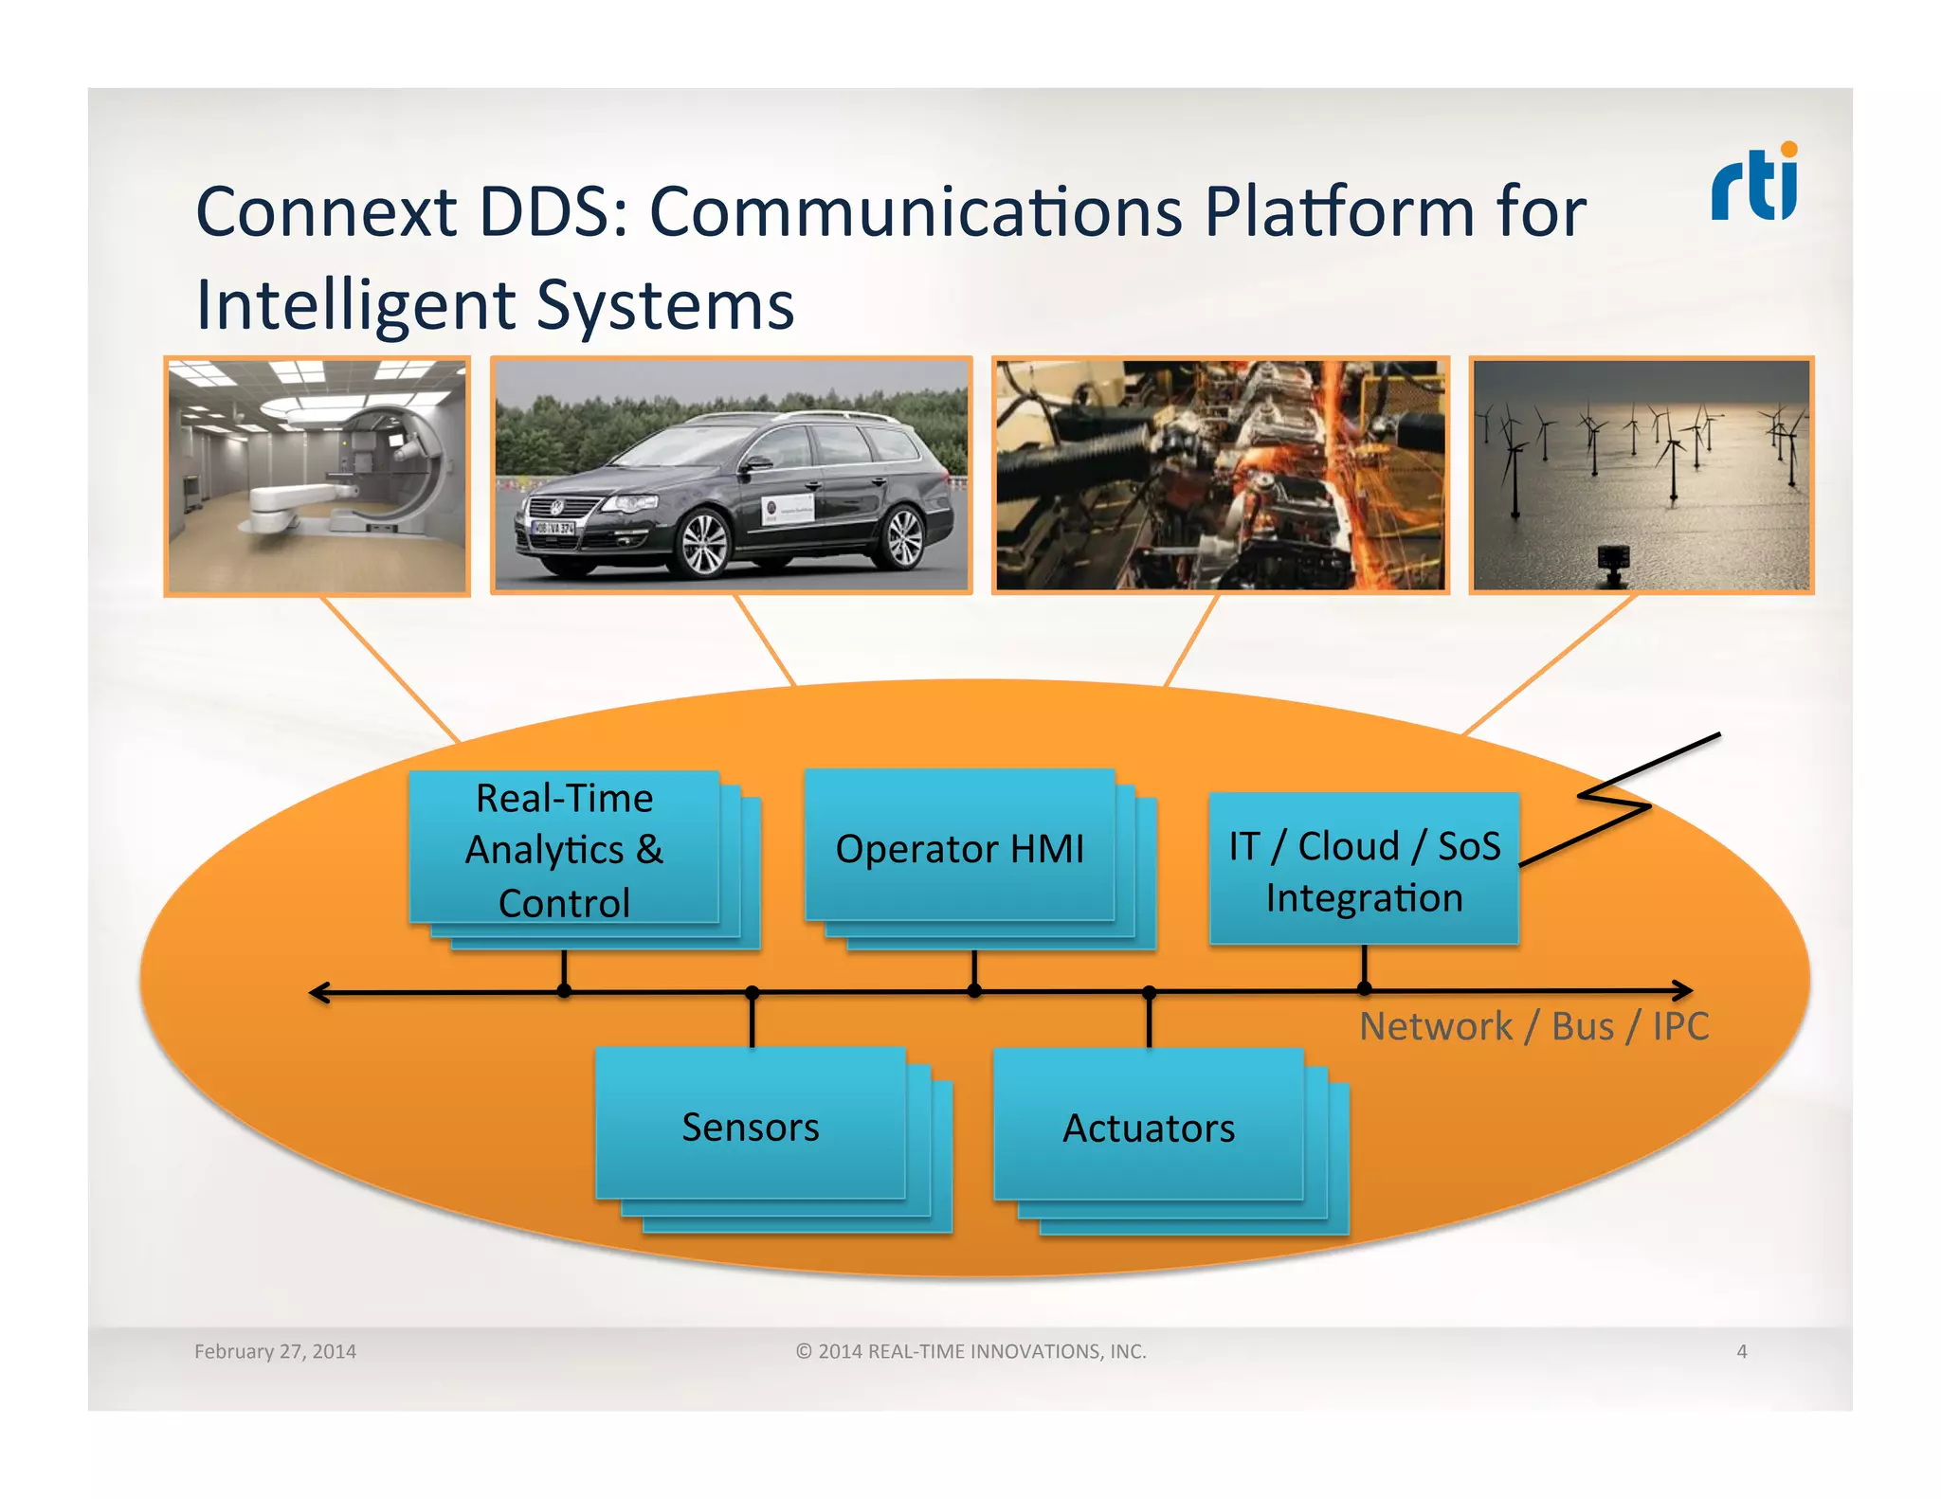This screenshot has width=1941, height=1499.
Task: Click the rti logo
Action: pos(1754,184)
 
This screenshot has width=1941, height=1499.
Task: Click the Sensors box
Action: pos(751,1126)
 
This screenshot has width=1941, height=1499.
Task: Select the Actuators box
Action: pos(1149,1127)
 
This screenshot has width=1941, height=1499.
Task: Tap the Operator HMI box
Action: pos(959,847)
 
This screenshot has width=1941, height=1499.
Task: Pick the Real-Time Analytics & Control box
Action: pos(565,849)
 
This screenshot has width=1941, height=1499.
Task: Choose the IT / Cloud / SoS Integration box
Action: pos(1364,870)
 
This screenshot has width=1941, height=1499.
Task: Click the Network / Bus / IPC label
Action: pos(1533,1026)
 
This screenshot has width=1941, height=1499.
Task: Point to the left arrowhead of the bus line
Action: pos(318,992)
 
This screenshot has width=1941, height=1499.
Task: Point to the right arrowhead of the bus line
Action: pos(1684,990)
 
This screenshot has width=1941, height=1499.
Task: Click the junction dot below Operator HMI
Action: pos(974,991)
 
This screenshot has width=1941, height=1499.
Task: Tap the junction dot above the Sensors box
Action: pos(753,992)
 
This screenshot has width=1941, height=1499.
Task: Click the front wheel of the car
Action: pos(704,544)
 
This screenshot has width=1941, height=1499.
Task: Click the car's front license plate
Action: pos(553,528)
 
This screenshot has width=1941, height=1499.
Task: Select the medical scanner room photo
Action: pos(317,476)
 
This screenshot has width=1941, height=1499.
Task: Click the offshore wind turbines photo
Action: pos(1641,476)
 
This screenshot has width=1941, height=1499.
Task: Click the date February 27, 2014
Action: pos(275,1351)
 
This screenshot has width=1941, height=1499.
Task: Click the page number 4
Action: pos(1741,1351)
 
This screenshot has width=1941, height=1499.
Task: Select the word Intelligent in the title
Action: pos(355,305)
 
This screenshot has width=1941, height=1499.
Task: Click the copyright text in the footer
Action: pos(970,1351)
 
